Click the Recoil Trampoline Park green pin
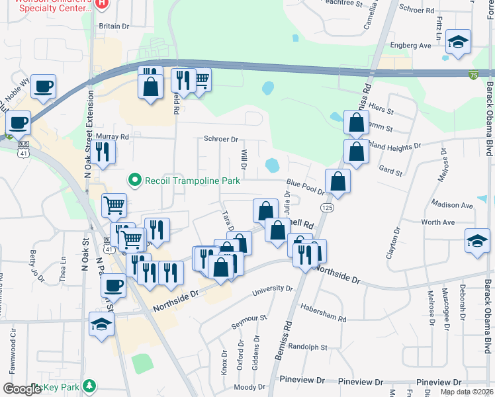135,179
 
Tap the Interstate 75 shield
472,76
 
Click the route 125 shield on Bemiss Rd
326,208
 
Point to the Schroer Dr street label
220,140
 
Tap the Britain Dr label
114,26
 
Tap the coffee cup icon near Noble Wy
43,85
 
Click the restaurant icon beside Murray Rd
103,152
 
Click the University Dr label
271,289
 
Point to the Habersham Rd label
324,318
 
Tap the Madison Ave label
452,205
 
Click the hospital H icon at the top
101,3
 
